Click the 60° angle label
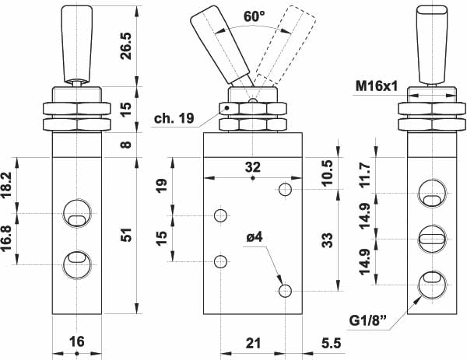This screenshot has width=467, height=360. (x=231, y=16)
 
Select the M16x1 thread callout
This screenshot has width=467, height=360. (x=374, y=85)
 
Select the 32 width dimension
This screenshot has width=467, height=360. (x=253, y=166)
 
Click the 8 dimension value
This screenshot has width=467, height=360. (x=126, y=144)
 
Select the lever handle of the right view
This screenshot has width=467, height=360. (x=432, y=39)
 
